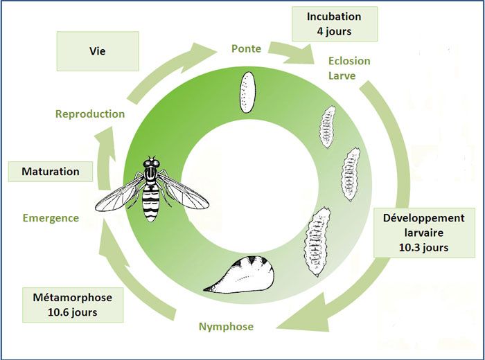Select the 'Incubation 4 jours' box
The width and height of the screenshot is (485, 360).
[335, 24]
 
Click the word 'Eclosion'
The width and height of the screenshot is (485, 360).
[349, 61]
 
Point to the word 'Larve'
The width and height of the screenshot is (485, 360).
[342, 75]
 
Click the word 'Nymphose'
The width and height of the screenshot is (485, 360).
[226, 327]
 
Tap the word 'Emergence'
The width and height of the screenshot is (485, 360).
[51, 218]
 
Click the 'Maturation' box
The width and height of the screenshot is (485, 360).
[50, 171]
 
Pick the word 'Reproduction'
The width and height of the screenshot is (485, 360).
[90, 114]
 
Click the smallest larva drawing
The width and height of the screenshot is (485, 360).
[327, 127]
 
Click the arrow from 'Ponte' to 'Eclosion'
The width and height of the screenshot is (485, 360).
[289, 53]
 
